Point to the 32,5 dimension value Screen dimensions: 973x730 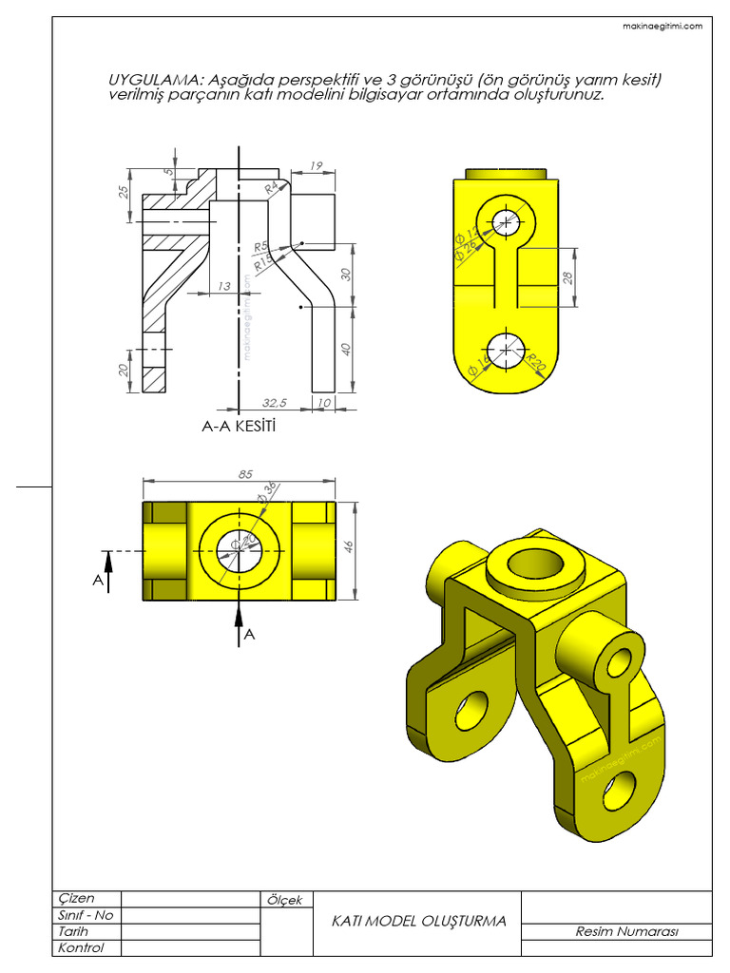point(276,403)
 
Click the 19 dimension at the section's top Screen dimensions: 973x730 point(317,166)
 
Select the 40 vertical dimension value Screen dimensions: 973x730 point(347,349)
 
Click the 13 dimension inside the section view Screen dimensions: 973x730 point(224,286)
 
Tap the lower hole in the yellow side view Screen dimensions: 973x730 point(507,350)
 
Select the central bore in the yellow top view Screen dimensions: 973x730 point(239,550)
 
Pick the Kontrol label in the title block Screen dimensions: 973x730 point(81,947)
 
